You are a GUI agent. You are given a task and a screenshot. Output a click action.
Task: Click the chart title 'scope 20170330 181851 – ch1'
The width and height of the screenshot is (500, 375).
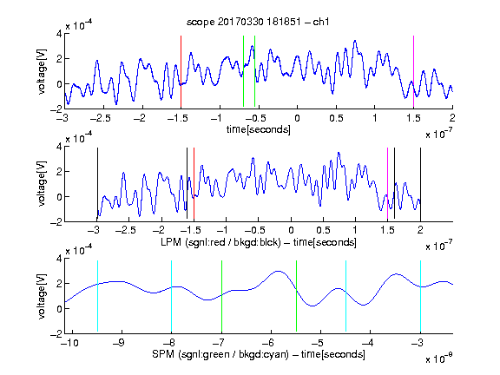258,22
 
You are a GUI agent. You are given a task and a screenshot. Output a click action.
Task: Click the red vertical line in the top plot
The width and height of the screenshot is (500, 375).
181,72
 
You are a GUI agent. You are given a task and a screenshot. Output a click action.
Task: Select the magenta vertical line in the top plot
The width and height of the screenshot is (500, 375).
413,72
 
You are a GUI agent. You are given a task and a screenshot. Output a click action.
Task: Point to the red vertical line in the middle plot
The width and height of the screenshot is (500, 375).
194,184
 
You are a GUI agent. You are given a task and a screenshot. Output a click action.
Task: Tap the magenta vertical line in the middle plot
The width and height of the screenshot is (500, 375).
387,184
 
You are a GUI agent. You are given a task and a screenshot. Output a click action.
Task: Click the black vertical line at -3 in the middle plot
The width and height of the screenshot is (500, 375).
97,184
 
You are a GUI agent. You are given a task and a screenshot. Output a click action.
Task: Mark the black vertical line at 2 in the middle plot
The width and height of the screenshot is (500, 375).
420,184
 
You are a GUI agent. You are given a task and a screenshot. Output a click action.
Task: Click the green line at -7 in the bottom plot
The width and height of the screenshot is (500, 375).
221,296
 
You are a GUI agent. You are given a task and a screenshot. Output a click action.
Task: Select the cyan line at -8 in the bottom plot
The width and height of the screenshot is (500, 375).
172,296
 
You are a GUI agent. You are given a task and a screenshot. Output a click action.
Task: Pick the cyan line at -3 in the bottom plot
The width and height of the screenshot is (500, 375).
420,296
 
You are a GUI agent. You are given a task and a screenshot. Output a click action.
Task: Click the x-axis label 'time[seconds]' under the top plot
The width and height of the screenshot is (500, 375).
259,129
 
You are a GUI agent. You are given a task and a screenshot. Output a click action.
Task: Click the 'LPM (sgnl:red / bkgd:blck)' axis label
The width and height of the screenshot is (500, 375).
220,242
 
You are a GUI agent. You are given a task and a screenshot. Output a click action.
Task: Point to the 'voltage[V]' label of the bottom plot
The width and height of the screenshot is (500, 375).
42,296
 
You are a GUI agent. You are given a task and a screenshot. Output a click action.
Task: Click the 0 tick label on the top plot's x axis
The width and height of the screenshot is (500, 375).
297,118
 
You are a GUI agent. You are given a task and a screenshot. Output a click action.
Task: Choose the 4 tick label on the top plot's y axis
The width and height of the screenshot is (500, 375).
59,34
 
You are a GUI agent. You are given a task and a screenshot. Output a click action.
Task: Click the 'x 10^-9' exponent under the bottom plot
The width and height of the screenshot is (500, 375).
438,359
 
